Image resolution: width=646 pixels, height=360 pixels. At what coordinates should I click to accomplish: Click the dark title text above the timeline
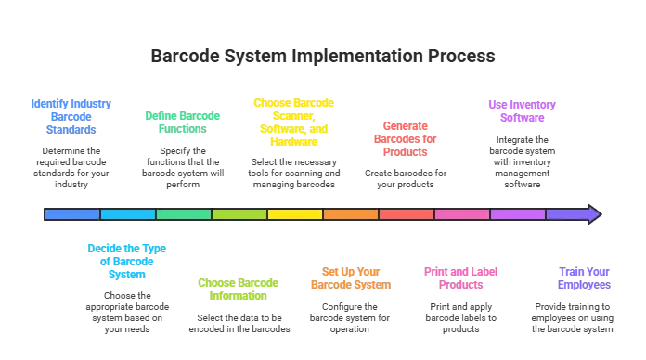click(324, 58)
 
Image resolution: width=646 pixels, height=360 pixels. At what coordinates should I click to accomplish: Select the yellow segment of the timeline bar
click(295, 214)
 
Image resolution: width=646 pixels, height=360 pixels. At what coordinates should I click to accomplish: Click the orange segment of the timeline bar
click(351, 214)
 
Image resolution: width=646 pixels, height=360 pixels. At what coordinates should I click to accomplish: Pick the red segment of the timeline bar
click(407, 214)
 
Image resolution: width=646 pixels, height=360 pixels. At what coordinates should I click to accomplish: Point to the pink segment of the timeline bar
click(462, 214)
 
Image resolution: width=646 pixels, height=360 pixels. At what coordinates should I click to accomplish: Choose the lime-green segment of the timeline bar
click(239, 214)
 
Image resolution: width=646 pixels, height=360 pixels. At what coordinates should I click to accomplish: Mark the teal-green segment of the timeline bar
click(184, 214)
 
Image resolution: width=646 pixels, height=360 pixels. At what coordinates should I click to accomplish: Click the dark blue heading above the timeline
click(71, 116)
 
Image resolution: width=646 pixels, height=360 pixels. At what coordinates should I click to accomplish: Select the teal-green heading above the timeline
click(182, 122)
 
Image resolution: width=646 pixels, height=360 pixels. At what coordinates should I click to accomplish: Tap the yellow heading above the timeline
click(293, 116)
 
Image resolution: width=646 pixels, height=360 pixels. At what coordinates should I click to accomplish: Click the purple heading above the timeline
click(518, 110)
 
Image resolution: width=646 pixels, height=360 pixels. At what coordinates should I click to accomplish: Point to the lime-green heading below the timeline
click(238, 289)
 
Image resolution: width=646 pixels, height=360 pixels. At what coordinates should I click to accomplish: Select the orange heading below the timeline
click(349, 278)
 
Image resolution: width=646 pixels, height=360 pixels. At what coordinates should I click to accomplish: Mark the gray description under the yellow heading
click(293, 174)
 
